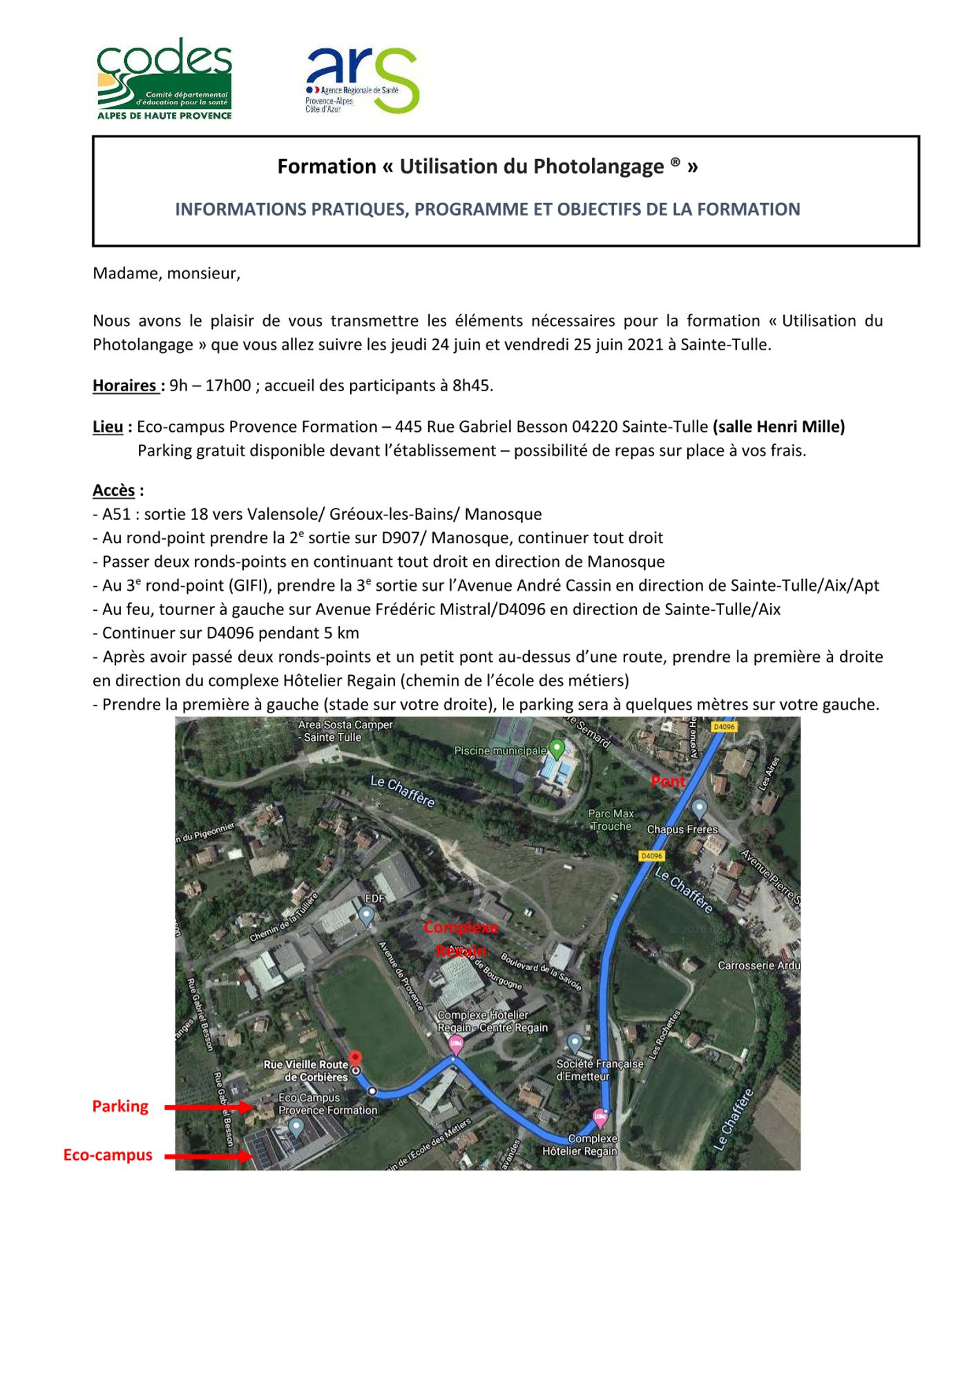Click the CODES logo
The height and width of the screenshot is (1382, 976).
164,79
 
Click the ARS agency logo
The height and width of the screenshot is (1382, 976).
362,80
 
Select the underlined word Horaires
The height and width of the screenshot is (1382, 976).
125,386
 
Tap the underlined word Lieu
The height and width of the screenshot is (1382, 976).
108,427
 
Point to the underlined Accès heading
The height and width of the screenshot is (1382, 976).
114,491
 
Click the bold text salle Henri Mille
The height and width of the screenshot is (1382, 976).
778,427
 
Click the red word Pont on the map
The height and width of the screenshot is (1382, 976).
669,782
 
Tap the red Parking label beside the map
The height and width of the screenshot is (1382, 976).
120,1106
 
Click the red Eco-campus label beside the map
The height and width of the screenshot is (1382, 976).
108,1155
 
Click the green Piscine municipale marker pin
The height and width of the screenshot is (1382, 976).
557,748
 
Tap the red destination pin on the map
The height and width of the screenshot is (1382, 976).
355,1059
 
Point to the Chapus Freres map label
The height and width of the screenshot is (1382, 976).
682,829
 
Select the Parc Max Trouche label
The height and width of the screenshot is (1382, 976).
611,820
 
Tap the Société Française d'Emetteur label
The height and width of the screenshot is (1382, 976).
600,1070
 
